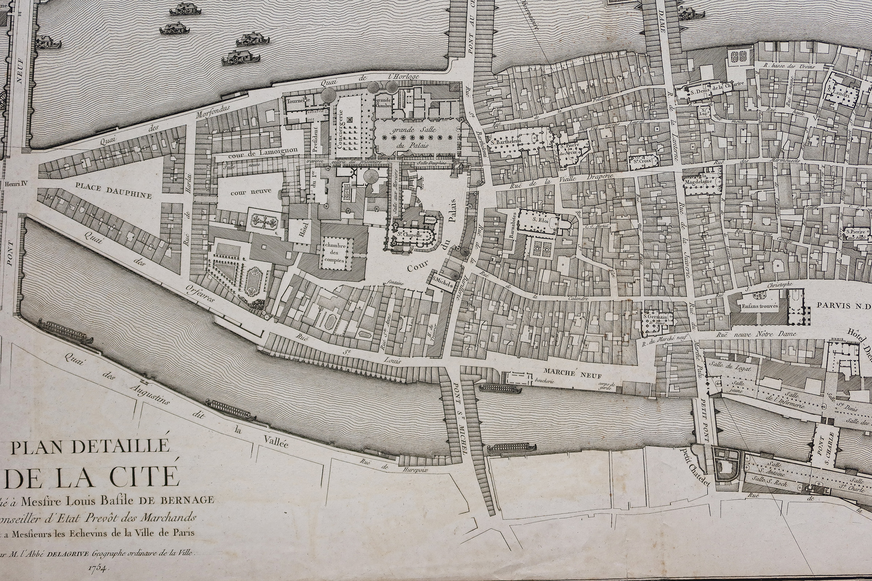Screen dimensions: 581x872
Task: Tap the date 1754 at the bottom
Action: (98, 567)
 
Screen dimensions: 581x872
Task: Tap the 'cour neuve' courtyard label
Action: (251, 192)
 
